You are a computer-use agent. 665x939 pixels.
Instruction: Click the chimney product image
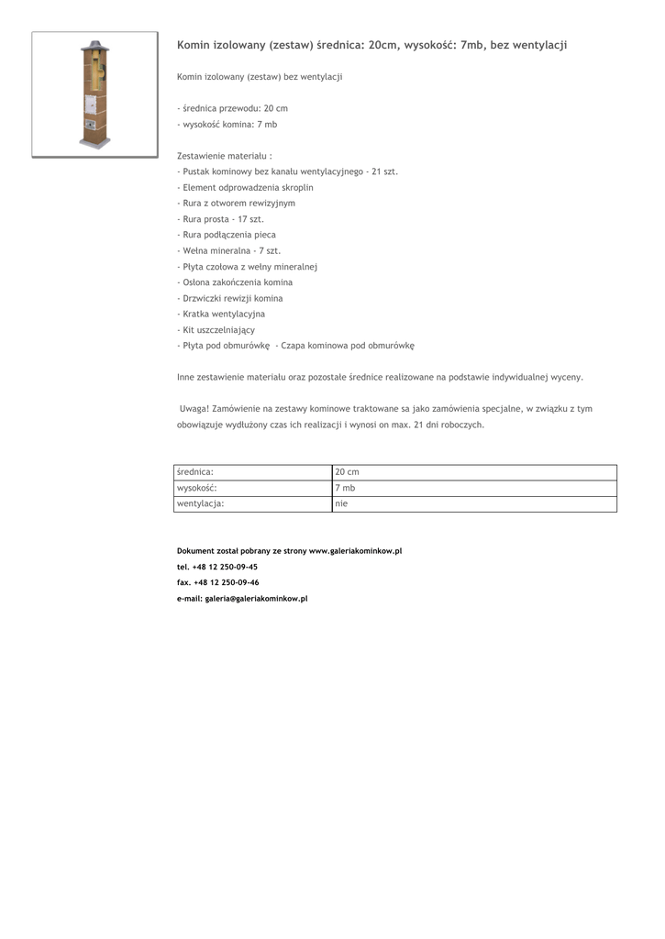pyautogui.click(x=94, y=94)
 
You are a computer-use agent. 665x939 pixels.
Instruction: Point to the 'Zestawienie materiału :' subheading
pyautogui.click(x=225, y=156)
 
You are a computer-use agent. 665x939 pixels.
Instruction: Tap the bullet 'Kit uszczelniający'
pyautogui.click(x=216, y=329)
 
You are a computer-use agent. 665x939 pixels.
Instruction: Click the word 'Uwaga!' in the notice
pyautogui.click(x=194, y=409)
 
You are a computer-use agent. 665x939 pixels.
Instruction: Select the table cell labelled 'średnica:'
pyautogui.click(x=194, y=472)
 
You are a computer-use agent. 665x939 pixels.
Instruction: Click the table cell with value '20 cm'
pyautogui.click(x=348, y=472)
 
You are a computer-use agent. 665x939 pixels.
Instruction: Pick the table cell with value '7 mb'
pyautogui.click(x=346, y=488)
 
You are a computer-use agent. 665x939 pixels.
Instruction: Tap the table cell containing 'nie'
pyautogui.click(x=342, y=503)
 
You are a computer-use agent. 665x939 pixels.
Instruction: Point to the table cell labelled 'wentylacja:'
pyautogui.click(x=200, y=503)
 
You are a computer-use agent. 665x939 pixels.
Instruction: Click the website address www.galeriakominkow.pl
pyautogui.click(x=355, y=551)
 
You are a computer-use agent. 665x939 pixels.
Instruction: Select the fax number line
pyautogui.click(x=217, y=582)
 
